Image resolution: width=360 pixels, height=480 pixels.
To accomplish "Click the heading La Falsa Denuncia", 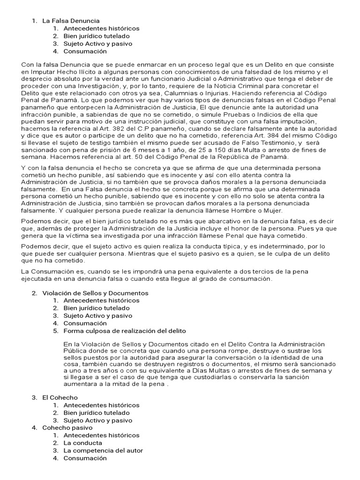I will click(71, 21).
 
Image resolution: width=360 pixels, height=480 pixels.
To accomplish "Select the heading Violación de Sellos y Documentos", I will click(95, 293).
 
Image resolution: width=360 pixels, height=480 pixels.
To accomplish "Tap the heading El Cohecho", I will click(60, 397).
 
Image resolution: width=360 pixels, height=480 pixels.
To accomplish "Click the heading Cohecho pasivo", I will click(67, 427).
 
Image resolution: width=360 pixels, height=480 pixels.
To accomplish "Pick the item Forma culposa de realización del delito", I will click(122, 331).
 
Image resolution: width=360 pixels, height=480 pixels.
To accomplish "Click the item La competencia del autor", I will click(103, 450).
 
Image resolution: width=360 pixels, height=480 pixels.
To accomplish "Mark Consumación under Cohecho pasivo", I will click(85, 458).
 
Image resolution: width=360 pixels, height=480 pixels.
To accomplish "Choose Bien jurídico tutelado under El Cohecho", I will click(97, 412).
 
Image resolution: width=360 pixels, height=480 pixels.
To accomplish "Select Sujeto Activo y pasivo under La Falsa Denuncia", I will click(98, 44).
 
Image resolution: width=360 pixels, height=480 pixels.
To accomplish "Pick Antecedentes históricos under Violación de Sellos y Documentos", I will click(101, 300).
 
